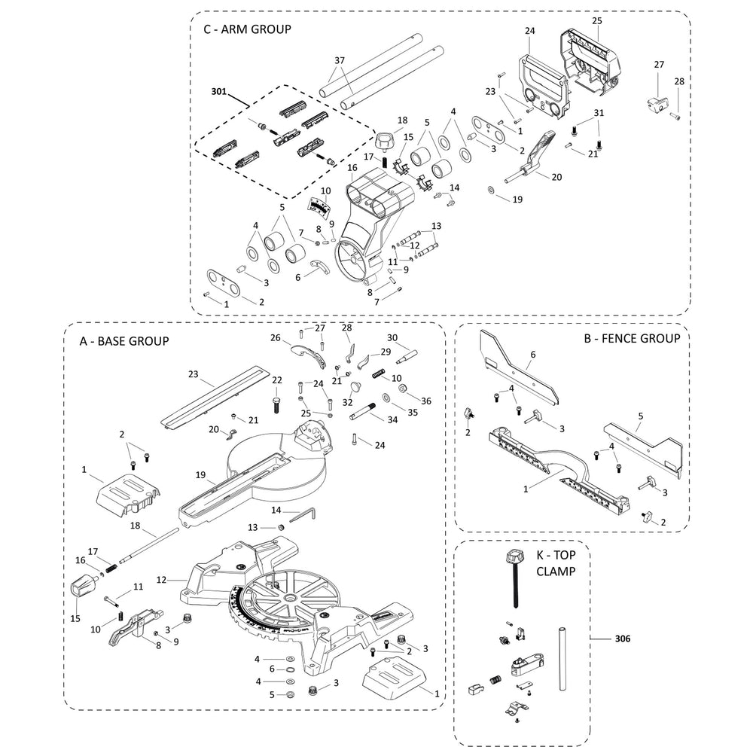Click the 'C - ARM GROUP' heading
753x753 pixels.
247,29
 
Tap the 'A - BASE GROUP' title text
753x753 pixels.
124,341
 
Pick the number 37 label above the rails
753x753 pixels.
339,60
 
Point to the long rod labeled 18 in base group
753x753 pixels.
151,546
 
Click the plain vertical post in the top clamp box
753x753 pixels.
562,660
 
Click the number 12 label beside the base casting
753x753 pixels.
161,580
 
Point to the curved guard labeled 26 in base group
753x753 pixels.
308,352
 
